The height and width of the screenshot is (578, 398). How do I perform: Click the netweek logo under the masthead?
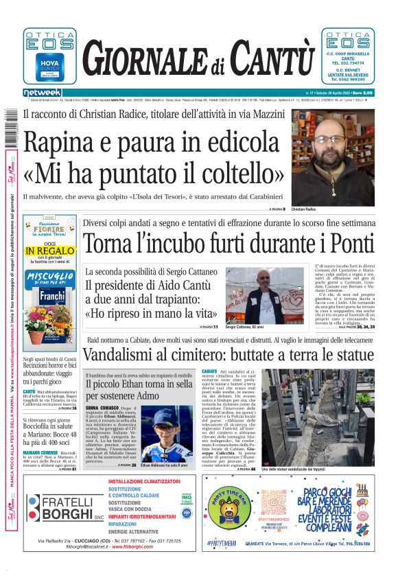point(42,93)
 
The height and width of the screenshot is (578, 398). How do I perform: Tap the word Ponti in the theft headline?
point(349,243)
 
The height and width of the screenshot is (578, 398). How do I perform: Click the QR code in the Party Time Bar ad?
point(274,501)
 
